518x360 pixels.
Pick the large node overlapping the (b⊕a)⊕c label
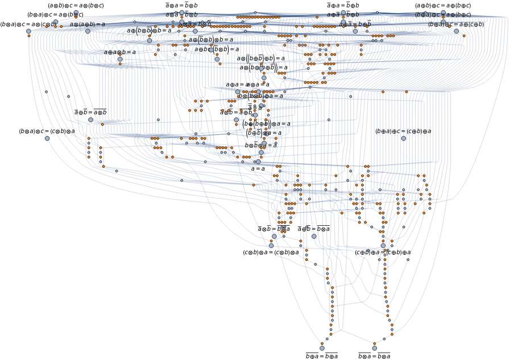coord(444,13)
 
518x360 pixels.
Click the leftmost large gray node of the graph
coord(28,31)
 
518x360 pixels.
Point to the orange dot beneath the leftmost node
coord(29,36)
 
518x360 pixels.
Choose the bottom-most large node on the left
coord(322,348)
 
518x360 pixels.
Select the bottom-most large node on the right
coord(374,348)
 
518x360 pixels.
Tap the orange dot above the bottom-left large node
coord(322,343)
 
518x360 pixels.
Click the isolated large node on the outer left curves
coord(47,138)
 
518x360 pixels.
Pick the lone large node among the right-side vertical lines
coord(404,138)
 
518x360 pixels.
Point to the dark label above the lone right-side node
coord(404,131)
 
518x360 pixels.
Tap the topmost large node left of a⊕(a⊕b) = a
coord(76,12)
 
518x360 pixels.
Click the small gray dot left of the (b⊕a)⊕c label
coord(377,13)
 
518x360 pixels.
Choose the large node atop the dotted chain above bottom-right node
coord(383,246)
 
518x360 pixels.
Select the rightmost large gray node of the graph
coord(456,31)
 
